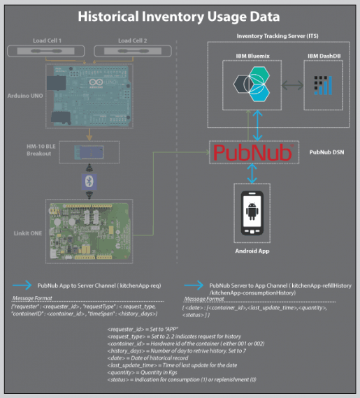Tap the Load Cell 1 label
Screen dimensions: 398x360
point(48,40)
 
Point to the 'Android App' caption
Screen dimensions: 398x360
point(252,251)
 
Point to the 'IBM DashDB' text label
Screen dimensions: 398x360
point(324,54)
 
